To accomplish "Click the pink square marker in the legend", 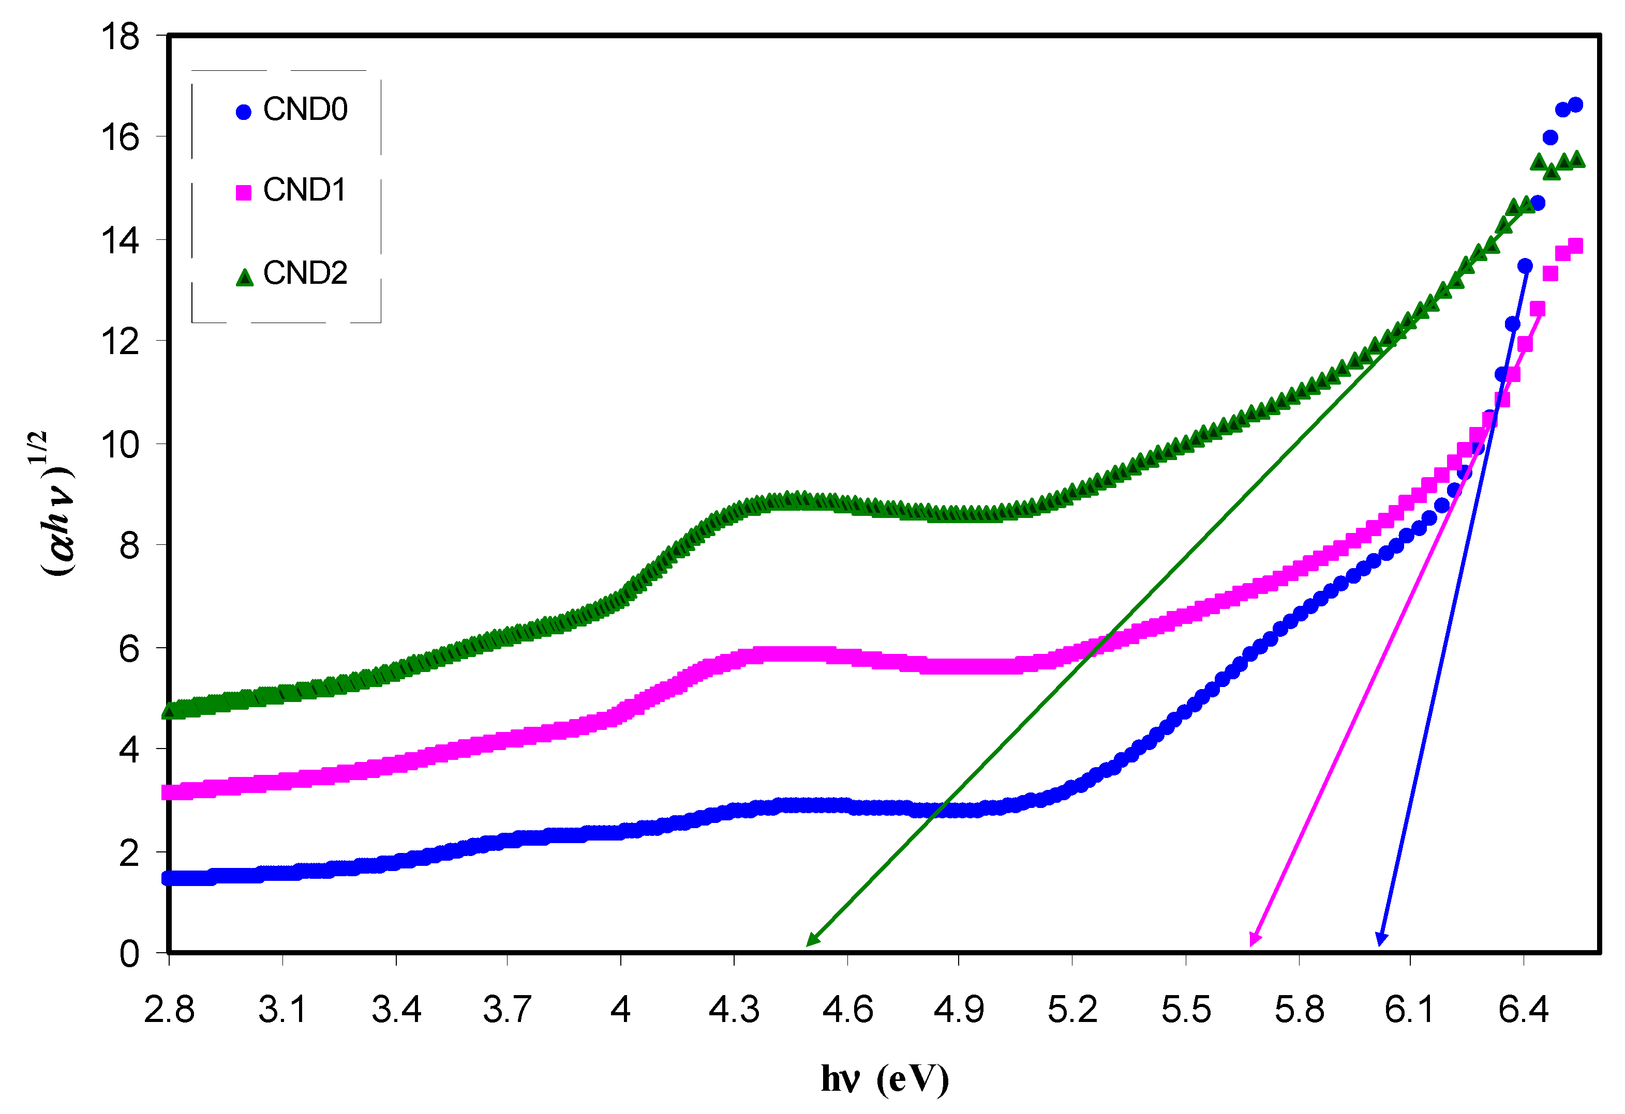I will [x=243, y=193].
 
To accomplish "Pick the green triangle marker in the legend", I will [x=244, y=278].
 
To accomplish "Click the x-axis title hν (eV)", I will [x=885, y=1079].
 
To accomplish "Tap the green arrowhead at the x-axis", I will [x=811, y=941].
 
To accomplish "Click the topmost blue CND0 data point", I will [x=1575, y=105].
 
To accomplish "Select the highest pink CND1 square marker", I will [x=1575, y=246].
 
